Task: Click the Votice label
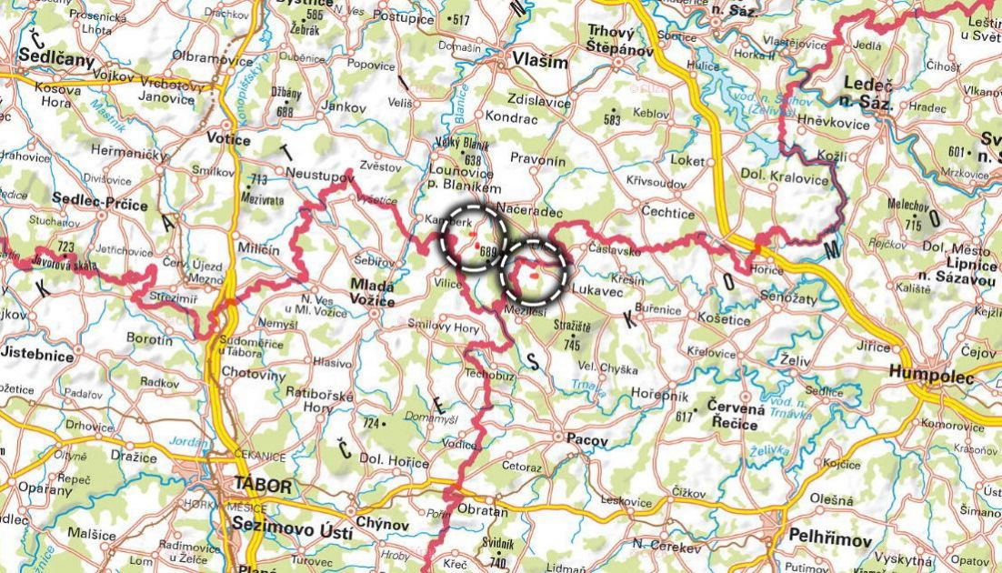point(228,139)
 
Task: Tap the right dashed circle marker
point(534,271)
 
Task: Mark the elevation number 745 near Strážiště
point(571,346)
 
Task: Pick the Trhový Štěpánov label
point(619,40)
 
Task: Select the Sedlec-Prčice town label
point(100,205)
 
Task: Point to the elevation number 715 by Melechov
point(912,224)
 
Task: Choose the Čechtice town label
point(667,213)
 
